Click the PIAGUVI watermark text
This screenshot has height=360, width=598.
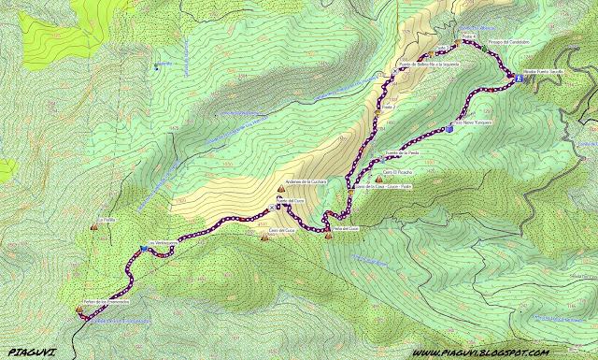(x=30, y=353)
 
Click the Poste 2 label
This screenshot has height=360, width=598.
(x=388, y=108)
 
